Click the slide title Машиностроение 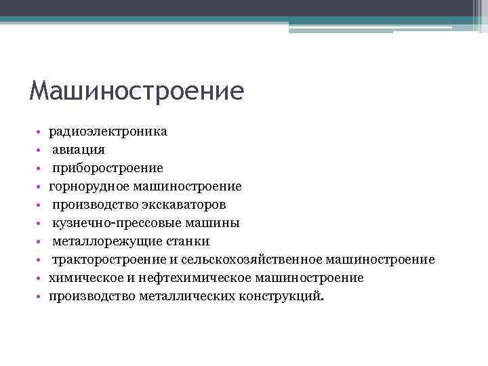136,91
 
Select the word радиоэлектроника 108,131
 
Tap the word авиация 79,150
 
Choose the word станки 188,241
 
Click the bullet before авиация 41,150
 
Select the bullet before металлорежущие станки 41,241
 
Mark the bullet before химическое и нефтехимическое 41,278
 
